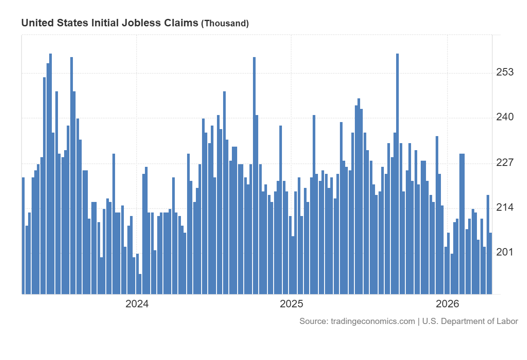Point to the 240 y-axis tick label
coord(505,117)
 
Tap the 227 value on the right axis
coord(505,162)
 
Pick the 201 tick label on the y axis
coord(505,252)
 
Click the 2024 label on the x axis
coord(137,304)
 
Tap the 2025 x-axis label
coord(292,304)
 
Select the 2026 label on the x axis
coord(447,304)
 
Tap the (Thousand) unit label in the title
coord(225,24)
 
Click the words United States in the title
coord(54,23)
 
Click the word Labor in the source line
coord(507,321)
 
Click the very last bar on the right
coord(491,263)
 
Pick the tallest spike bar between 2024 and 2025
coord(254,176)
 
